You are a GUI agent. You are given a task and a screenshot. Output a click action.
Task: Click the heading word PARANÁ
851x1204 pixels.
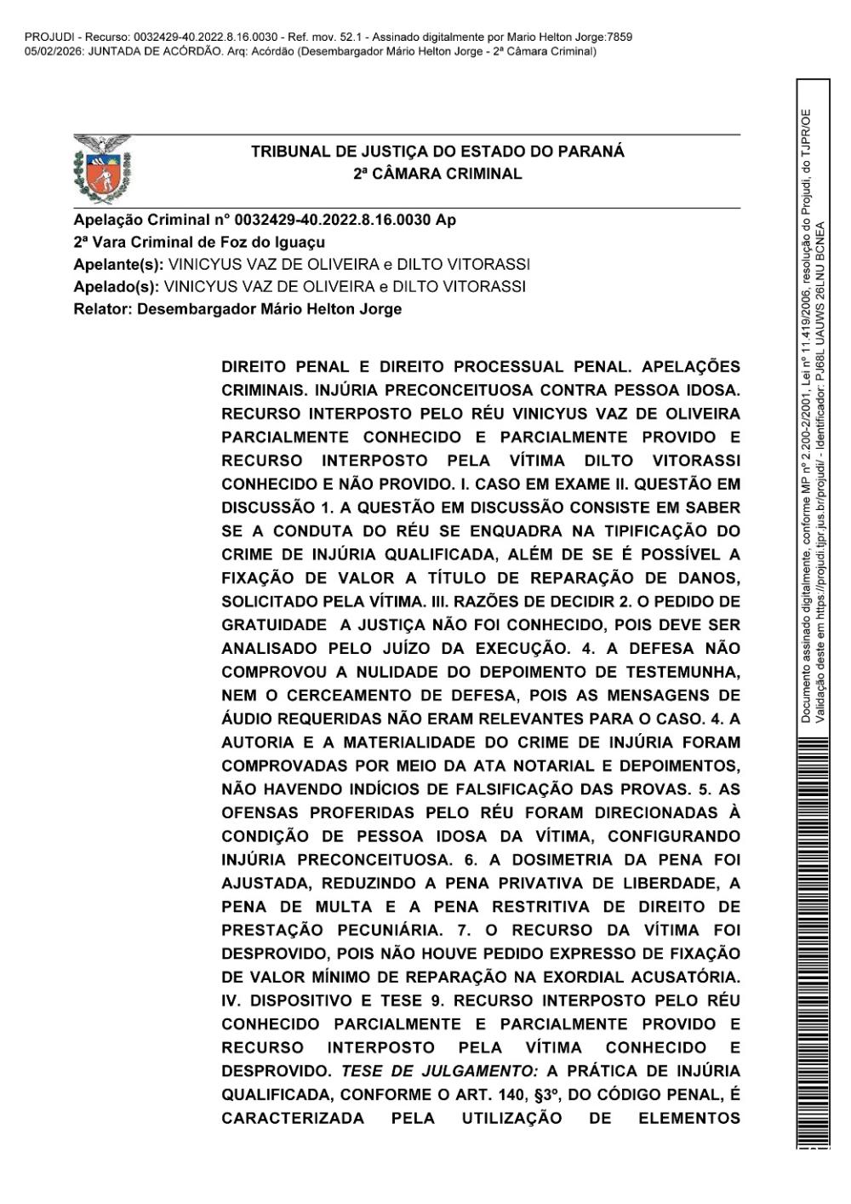[590, 152]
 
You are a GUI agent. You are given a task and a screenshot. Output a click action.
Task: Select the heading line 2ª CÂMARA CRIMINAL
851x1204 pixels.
[437, 174]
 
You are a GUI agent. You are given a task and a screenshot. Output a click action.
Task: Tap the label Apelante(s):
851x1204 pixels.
[119, 264]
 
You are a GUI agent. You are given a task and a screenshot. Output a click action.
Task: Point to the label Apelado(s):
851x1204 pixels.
[117, 286]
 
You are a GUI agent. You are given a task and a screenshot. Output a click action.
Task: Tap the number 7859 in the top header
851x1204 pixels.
[619, 37]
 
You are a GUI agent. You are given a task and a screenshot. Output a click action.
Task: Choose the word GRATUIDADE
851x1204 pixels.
[273, 624]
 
